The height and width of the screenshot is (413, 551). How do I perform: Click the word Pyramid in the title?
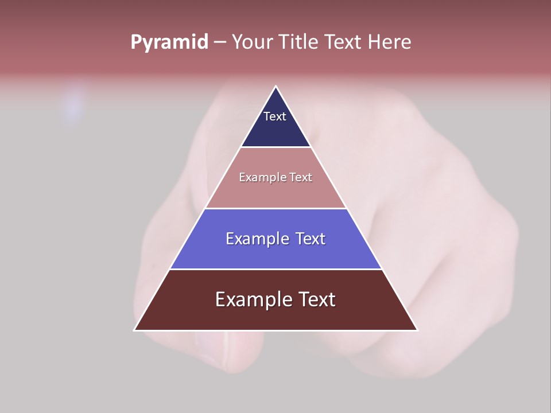(169, 42)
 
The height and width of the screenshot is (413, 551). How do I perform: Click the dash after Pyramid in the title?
(220, 42)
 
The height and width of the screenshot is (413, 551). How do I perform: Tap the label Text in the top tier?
(275, 116)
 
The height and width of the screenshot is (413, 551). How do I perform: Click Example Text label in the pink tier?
(275, 177)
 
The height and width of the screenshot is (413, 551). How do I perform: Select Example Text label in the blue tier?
(275, 239)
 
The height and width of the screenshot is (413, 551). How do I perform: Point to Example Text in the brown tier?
(275, 299)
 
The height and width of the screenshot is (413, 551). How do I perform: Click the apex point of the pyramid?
(276, 87)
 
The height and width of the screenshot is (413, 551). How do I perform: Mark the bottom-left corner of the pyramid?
(134, 330)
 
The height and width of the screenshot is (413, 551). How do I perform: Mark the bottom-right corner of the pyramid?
(417, 330)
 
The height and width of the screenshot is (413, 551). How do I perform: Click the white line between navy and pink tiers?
(276, 147)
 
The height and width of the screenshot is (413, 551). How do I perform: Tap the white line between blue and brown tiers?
(276, 269)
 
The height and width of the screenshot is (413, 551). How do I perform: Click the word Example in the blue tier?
(251, 239)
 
